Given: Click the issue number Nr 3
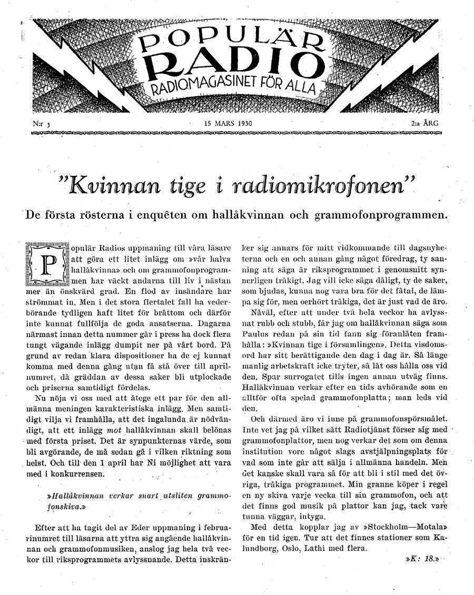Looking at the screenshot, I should (x=39, y=125).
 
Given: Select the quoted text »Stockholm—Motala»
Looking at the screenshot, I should (x=401, y=525).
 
